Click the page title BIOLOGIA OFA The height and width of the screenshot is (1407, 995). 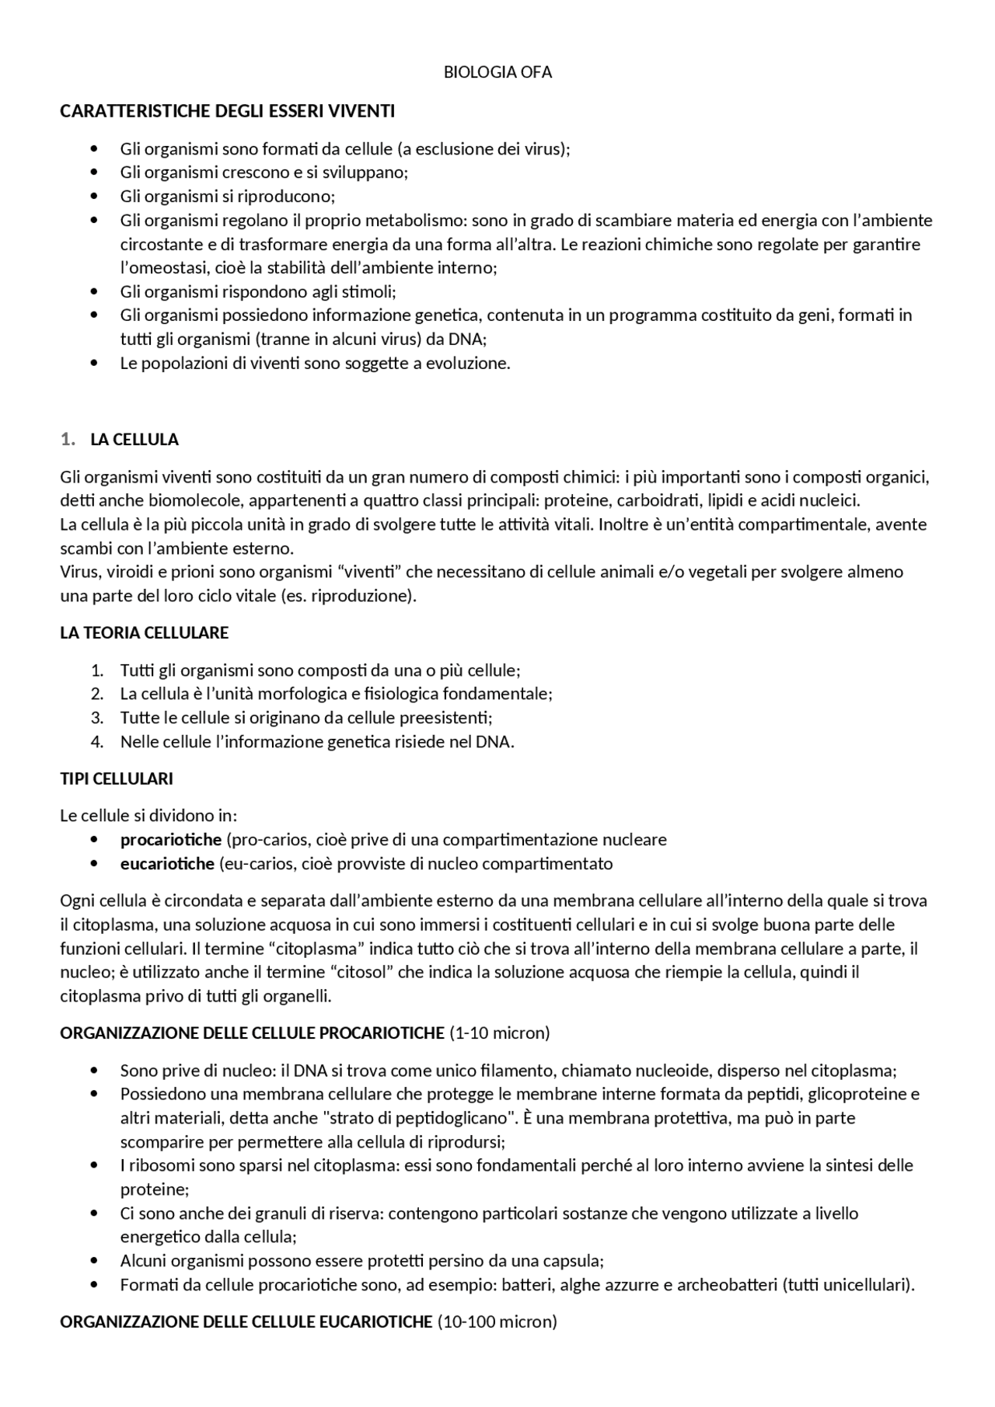[x=497, y=72]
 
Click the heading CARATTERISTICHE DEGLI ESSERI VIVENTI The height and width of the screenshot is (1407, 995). [x=227, y=111]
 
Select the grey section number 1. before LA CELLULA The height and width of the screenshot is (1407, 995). [x=68, y=440]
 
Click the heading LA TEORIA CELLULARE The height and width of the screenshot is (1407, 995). [x=144, y=632]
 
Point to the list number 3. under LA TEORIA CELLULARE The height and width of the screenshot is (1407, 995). [x=97, y=717]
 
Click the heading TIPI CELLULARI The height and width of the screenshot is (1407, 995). [x=117, y=778]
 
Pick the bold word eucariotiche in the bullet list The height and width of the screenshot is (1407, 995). [x=166, y=863]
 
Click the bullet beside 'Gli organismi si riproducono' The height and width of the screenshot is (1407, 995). [x=95, y=197]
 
